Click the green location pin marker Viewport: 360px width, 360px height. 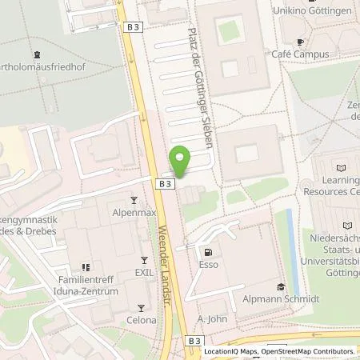point(180,160)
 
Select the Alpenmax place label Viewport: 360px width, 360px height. point(134,214)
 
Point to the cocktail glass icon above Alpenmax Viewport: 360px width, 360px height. point(134,201)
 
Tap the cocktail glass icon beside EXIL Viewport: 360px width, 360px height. point(145,261)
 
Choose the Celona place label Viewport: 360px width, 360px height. point(140,319)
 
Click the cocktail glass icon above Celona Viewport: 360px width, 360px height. point(140,306)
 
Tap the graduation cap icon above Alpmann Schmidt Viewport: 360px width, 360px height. point(280,287)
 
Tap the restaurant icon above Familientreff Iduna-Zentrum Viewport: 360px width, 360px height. point(83,268)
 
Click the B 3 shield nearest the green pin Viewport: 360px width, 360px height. point(164,183)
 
